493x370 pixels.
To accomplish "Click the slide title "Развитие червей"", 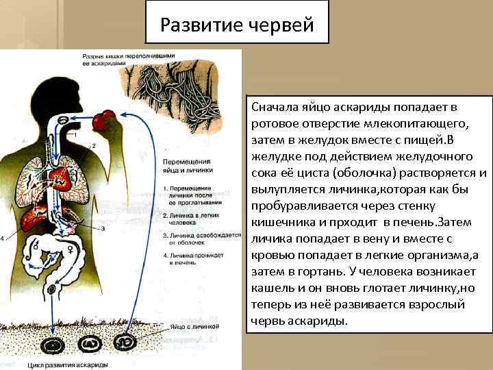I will pyautogui.click(x=237, y=25).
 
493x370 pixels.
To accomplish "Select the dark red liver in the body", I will pyautogui.click(x=31, y=219).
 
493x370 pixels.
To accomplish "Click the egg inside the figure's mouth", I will pyautogui.click(x=61, y=121).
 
